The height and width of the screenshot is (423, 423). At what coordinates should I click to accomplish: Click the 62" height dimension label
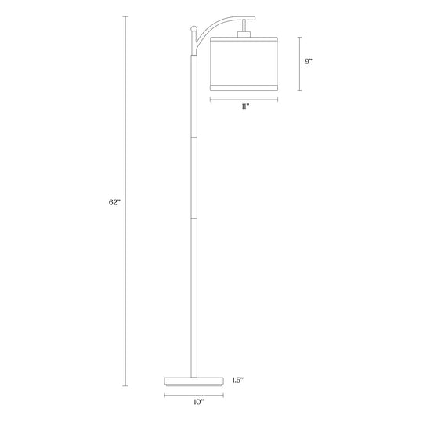[x=114, y=202]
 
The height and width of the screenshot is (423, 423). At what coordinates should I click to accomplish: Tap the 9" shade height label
[x=309, y=62]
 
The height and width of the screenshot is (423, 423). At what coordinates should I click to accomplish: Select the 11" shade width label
[x=245, y=107]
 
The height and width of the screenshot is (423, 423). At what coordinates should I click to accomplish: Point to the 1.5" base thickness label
[x=238, y=381]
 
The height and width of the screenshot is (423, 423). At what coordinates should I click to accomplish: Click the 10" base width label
[x=198, y=402]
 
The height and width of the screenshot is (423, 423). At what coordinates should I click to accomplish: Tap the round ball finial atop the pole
[x=193, y=28]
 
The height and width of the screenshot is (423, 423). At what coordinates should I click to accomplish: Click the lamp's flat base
[x=194, y=381]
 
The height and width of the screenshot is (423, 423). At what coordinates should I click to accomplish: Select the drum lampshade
[x=244, y=63]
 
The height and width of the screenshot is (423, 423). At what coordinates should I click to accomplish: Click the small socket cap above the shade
[x=244, y=34]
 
